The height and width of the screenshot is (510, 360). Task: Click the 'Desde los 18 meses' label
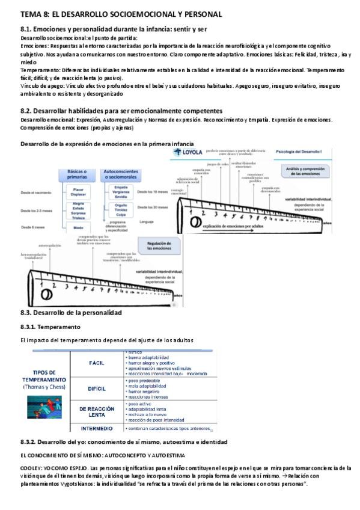click(x=149, y=191)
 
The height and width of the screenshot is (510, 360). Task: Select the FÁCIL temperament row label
click(x=97, y=363)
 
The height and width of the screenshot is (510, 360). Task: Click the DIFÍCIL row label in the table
click(x=97, y=389)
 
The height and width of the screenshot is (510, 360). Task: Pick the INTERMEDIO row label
click(x=97, y=428)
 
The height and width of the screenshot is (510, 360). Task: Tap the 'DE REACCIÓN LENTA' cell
click(x=97, y=411)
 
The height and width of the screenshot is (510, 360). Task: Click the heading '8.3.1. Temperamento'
click(x=50, y=327)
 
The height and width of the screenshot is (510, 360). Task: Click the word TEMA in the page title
click(x=31, y=14)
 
